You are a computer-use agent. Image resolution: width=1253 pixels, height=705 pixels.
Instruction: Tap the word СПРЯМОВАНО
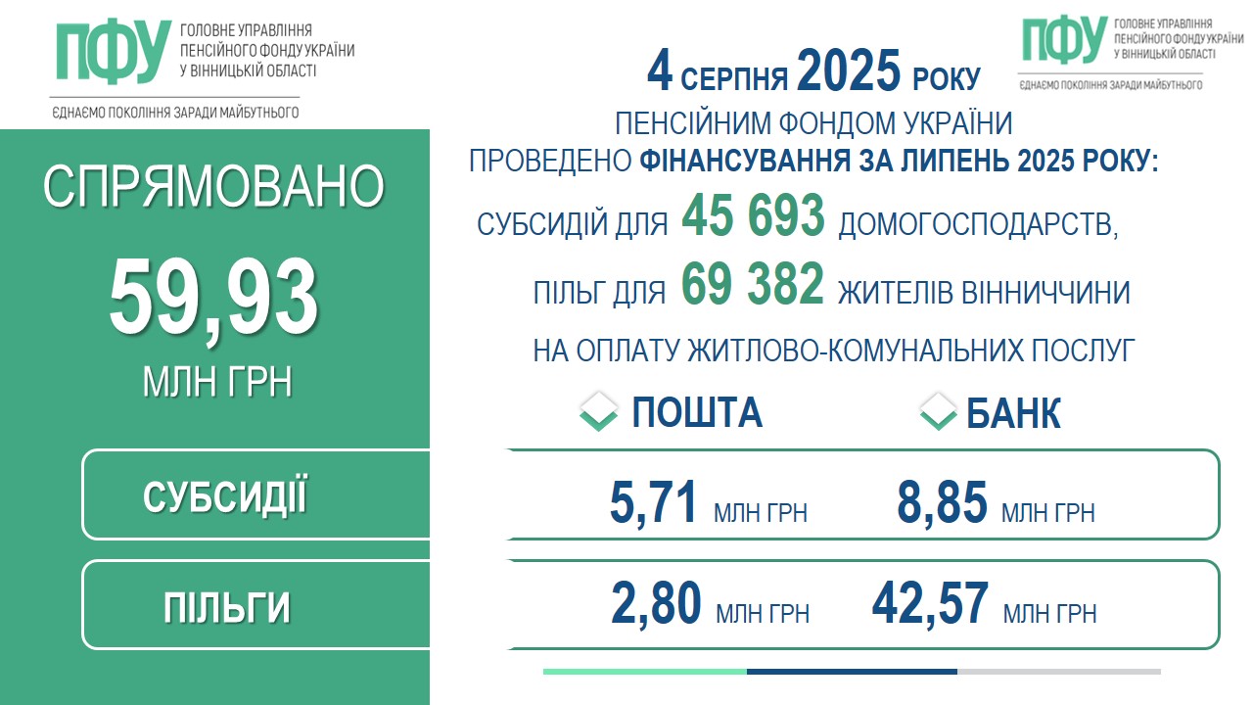coord(213,186)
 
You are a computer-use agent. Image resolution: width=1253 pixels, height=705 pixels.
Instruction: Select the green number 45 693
coord(753,214)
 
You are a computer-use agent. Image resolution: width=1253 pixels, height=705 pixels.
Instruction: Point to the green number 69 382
coord(753,283)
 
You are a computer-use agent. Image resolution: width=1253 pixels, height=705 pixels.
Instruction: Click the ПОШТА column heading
coord(697,413)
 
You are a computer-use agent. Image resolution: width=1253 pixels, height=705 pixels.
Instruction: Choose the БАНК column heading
coord(1013,414)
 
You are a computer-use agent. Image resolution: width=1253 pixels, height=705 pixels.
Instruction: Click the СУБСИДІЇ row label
coord(225,495)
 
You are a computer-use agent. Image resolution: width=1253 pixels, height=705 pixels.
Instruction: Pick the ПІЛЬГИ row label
coord(227,607)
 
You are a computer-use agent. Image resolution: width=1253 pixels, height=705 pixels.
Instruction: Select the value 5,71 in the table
coord(653,503)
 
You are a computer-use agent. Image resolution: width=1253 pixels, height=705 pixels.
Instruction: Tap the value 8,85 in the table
coord(942,503)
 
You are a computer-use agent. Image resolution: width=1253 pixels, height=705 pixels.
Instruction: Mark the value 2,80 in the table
coord(656,603)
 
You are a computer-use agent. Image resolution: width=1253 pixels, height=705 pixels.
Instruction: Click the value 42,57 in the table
coord(930,603)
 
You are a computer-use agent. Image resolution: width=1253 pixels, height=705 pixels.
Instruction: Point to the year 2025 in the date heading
coord(849,70)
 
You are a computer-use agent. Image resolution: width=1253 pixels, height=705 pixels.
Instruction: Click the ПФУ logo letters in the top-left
coord(114,52)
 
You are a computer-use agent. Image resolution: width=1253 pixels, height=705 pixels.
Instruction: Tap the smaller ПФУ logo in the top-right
coord(1064,40)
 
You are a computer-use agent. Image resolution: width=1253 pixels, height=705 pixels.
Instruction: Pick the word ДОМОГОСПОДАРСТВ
coord(978,225)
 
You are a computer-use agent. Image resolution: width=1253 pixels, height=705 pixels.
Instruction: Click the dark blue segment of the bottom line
coord(852,672)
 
